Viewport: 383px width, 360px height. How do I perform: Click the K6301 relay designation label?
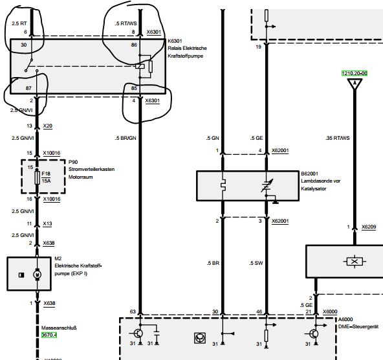175,41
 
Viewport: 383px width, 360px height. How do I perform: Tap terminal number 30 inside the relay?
24,45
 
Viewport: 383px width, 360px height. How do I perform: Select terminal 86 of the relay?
134,45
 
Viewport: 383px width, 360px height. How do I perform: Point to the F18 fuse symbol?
38,177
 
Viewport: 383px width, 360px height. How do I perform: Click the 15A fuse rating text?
46,181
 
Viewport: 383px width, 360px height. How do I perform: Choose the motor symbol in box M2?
37,275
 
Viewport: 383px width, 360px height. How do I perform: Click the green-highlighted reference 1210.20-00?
355,73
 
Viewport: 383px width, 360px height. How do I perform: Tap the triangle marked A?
355,84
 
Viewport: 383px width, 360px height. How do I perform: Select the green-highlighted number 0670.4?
49,335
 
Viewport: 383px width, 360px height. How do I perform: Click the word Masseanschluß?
59,328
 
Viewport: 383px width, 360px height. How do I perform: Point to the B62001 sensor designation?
309,174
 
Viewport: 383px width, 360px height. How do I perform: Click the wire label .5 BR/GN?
126,138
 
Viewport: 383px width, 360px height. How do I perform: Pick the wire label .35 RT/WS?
337,138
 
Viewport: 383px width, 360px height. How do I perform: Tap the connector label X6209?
369,227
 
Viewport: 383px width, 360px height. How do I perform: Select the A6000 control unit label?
345,319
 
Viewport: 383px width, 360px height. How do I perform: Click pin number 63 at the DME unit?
133,311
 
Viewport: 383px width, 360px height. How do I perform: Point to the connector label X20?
48,126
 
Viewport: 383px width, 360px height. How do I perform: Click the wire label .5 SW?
256,263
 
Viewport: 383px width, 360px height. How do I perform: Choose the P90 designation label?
73,162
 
